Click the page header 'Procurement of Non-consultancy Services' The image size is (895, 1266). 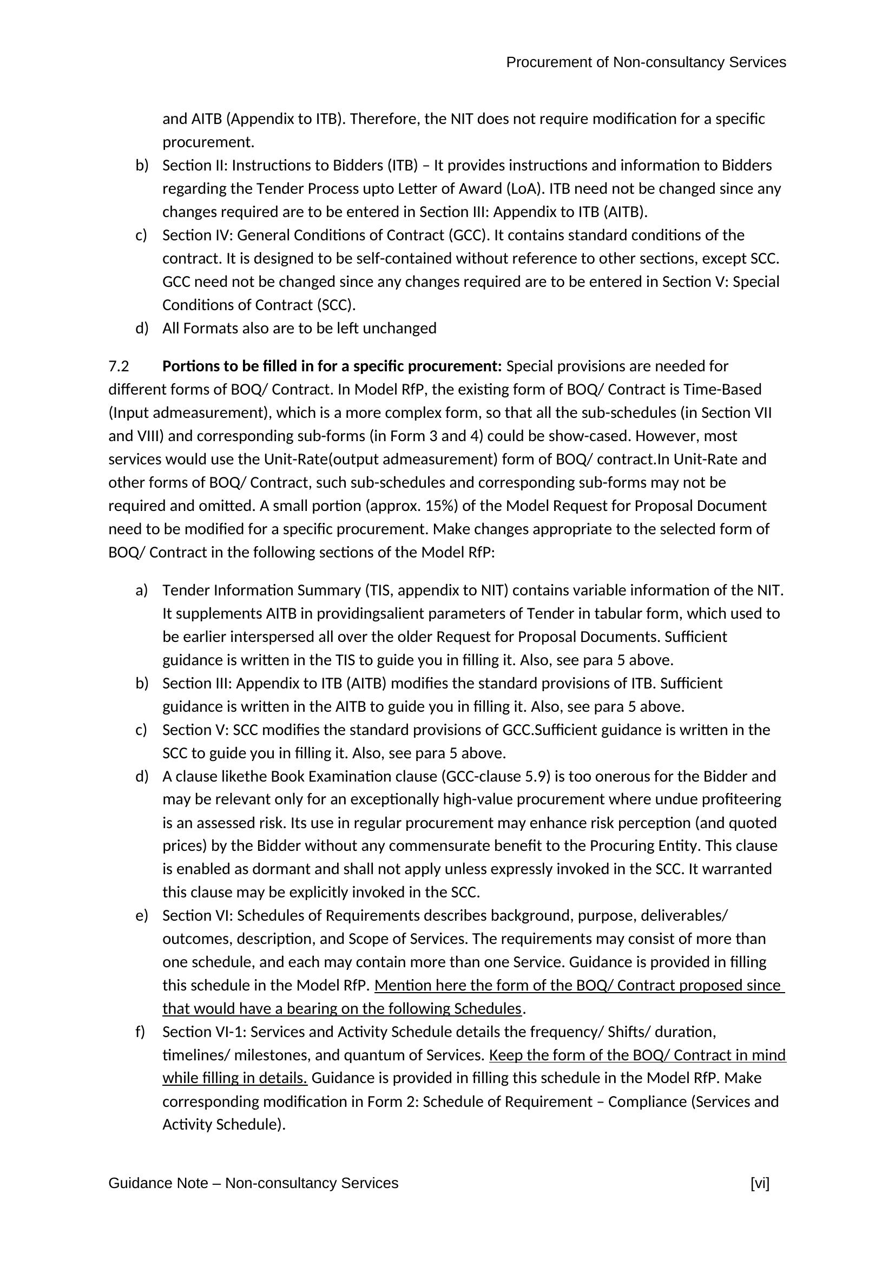(x=646, y=63)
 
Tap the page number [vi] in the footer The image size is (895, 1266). (x=759, y=1183)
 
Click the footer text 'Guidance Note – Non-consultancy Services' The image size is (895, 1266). (x=253, y=1183)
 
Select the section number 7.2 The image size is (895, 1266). (x=119, y=366)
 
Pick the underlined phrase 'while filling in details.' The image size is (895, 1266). (x=235, y=1078)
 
